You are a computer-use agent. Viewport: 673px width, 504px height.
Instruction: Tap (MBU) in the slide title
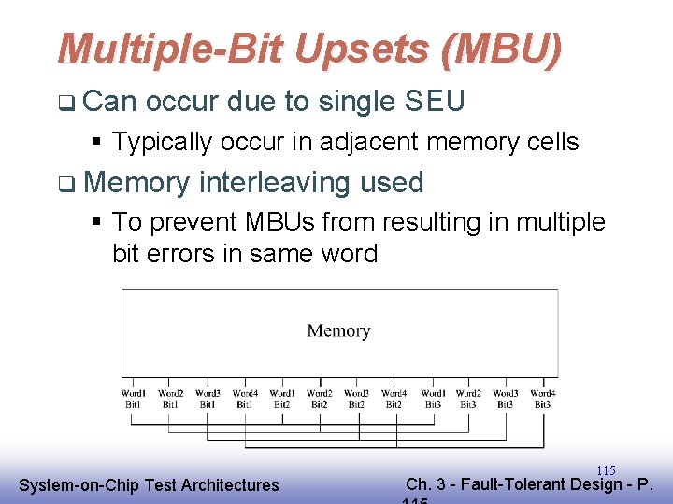(504, 49)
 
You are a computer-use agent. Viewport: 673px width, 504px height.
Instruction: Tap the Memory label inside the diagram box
(338, 330)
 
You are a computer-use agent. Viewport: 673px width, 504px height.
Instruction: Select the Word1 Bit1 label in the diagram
(133, 399)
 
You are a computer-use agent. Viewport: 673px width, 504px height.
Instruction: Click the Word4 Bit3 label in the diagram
(542, 399)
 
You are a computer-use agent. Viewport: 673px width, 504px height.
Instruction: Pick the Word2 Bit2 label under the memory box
(320, 399)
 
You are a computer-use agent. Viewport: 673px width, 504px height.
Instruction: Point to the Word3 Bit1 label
(208, 399)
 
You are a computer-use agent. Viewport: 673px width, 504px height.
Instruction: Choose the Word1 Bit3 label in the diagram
(432, 399)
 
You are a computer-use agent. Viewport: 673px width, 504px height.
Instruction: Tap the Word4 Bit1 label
(245, 399)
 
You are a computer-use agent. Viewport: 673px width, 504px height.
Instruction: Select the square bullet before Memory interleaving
(63, 184)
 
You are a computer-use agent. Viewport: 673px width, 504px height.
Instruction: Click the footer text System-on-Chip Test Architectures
(149, 484)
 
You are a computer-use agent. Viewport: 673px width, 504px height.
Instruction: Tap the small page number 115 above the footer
(606, 470)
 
